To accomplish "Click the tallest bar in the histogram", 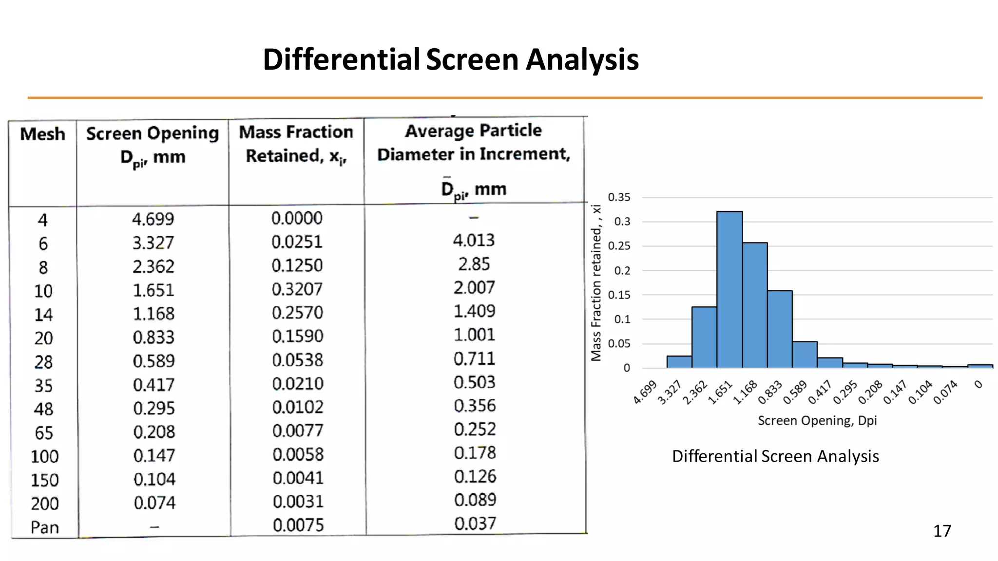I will click(x=729, y=290).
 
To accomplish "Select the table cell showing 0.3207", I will click(x=297, y=289).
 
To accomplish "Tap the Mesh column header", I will click(x=42, y=134).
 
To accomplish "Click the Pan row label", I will click(x=44, y=527).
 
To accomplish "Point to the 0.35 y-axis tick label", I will click(x=619, y=197).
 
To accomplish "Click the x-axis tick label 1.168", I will click(x=746, y=393).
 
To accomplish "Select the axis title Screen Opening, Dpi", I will click(x=817, y=420).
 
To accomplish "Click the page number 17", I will click(x=941, y=531).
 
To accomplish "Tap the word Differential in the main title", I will click(x=341, y=59).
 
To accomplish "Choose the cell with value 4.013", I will click(x=474, y=240).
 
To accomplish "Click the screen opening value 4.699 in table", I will click(x=153, y=219).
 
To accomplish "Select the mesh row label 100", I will click(x=44, y=456).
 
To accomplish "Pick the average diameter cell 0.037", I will click(x=475, y=524).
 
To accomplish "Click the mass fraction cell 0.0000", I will click(x=297, y=218).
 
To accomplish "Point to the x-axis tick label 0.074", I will click(x=945, y=393).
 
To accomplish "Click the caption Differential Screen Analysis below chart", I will click(x=775, y=456).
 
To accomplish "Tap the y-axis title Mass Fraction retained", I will click(x=596, y=282).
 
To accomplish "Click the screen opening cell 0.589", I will click(x=154, y=361).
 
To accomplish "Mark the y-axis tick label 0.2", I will click(x=622, y=271).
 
